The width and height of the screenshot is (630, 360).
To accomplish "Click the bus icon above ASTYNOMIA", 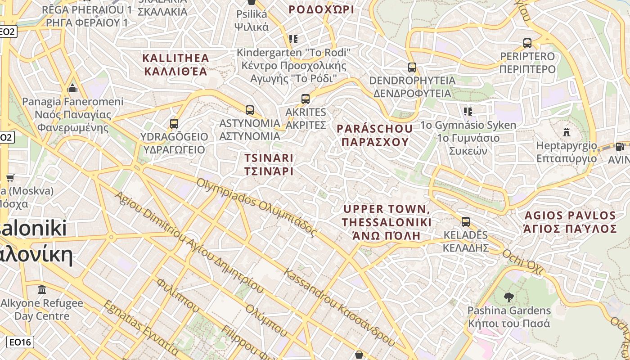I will pyautogui.click(x=249, y=110).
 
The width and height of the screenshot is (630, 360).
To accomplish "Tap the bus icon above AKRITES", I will pyautogui.click(x=306, y=99).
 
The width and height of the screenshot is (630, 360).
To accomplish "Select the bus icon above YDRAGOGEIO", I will pyautogui.click(x=174, y=123).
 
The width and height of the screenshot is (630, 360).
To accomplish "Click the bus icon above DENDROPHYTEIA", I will pyautogui.click(x=412, y=67).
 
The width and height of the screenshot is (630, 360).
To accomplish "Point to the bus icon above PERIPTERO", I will pyautogui.click(x=527, y=43).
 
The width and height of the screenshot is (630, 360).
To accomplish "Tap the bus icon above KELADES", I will pyautogui.click(x=465, y=221).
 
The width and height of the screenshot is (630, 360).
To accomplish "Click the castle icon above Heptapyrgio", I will pyautogui.click(x=567, y=132).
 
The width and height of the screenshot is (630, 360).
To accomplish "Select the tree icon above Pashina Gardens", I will pyautogui.click(x=509, y=297).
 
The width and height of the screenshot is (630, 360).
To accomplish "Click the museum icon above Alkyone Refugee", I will pyautogui.click(x=42, y=289).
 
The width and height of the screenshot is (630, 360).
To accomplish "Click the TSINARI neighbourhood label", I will pyautogui.click(x=269, y=165).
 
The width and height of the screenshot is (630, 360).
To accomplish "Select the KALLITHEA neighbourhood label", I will pyautogui.click(x=175, y=64).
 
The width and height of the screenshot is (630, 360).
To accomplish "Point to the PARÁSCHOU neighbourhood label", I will pyautogui.click(x=374, y=135).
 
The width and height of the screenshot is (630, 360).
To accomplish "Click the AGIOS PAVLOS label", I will pyautogui.click(x=569, y=222).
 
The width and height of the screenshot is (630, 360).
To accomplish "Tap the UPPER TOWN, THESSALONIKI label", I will pyautogui.click(x=387, y=222).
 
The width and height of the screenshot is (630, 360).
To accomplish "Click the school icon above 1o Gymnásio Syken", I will pyautogui.click(x=468, y=111).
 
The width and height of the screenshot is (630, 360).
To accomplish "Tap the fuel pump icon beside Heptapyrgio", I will pyautogui.click(x=620, y=146).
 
